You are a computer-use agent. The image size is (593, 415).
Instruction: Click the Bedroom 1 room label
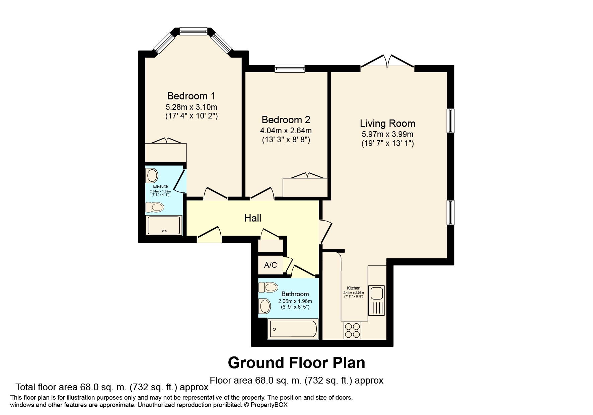point(191,96)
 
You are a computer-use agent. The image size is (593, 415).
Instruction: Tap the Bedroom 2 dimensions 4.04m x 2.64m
point(286,131)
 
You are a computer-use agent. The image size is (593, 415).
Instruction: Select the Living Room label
point(387,123)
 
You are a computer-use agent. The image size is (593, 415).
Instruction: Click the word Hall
point(252,218)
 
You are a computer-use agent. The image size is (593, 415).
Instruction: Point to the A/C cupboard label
point(271,265)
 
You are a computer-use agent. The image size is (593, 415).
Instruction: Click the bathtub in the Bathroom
point(293,329)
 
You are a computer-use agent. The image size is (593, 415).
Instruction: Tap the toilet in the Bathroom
point(268,287)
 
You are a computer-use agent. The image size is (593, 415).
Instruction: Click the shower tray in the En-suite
point(164,225)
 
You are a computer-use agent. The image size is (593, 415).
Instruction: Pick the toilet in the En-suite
point(155,207)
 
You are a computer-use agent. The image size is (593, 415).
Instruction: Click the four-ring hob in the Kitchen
point(352,330)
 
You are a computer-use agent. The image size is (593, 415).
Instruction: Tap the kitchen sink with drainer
point(376,301)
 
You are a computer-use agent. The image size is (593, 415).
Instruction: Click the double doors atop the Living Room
point(387,62)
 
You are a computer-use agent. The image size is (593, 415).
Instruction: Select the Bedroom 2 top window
point(290,69)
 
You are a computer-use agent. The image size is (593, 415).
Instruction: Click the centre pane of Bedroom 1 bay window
point(193,31)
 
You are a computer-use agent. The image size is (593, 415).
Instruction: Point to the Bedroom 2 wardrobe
point(305,185)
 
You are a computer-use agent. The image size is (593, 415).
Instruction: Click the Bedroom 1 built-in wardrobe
point(166,150)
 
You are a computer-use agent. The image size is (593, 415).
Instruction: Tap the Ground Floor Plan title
point(296,363)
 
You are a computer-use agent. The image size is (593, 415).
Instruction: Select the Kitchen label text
point(354,288)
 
